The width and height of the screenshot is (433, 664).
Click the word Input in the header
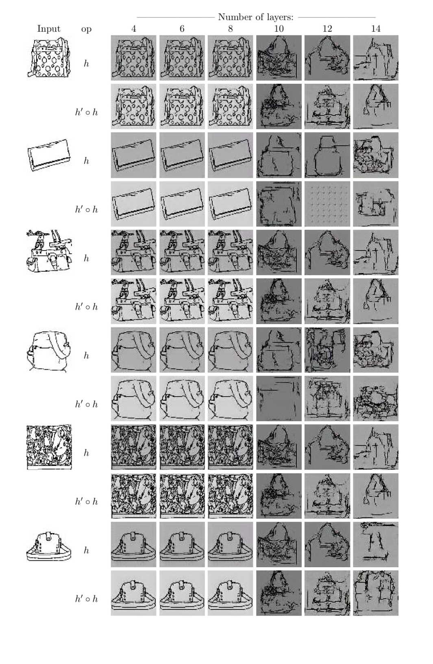(x=49, y=29)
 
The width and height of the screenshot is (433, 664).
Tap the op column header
(x=86, y=29)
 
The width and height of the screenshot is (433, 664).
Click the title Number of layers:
(x=255, y=17)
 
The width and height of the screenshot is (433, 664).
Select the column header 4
(x=134, y=29)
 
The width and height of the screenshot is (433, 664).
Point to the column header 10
(x=279, y=29)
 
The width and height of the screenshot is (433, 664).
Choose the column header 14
(x=376, y=29)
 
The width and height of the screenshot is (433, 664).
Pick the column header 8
(x=230, y=29)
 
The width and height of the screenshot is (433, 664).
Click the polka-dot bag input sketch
(x=49, y=57)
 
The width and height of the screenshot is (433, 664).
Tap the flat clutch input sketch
(x=49, y=155)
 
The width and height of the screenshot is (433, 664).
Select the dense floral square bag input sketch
(x=49, y=447)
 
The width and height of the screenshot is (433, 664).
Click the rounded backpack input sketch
(x=49, y=350)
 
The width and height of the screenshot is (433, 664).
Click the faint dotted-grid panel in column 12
(x=327, y=204)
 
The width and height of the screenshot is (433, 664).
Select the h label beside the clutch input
(x=86, y=161)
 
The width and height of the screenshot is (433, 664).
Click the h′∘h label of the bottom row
(x=86, y=599)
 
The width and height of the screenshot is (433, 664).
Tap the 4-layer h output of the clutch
(x=134, y=155)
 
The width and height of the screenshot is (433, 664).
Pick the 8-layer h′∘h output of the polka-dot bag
(x=230, y=107)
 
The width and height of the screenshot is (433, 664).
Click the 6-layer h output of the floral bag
(x=182, y=447)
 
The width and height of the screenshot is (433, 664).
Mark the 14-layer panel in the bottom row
(x=376, y=593)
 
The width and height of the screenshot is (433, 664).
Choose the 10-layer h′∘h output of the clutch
(x=279, y=204)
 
